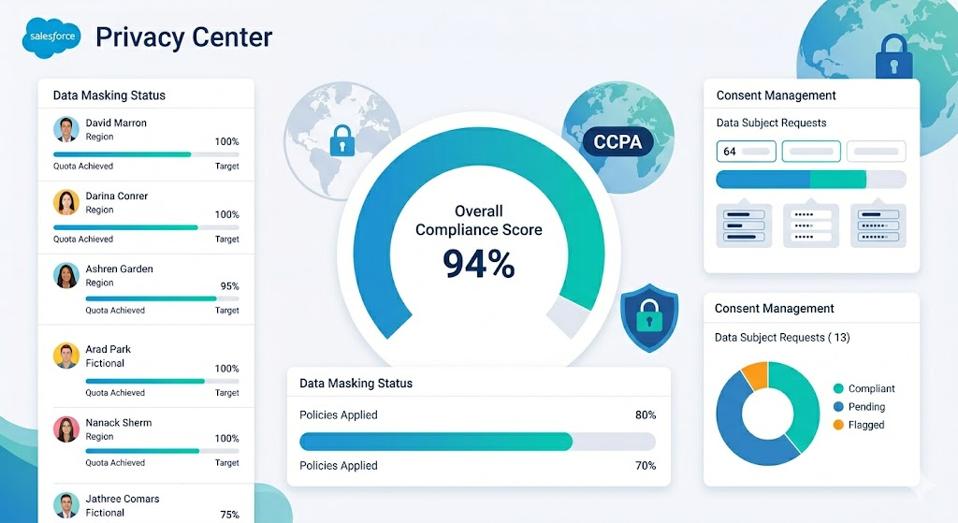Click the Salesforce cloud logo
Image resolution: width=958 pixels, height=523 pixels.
pos(52,36)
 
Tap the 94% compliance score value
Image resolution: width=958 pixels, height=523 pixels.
pos(478,264)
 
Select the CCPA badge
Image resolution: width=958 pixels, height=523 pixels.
pos(617,142)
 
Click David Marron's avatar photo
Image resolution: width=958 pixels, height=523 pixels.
pos(66,129)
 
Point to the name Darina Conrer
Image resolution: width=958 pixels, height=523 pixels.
pos(117,196)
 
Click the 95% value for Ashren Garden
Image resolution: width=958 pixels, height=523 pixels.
pos(230,286)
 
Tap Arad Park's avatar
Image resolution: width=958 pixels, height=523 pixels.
pos(66,356)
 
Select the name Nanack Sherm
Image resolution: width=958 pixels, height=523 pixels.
pos(119,423)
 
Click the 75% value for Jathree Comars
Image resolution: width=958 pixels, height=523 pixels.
pos(230,515)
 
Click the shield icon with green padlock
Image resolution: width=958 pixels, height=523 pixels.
pos(649,318)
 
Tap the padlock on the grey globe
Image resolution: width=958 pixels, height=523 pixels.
pos(342,140)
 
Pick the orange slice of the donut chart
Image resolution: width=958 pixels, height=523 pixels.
pos(755,375)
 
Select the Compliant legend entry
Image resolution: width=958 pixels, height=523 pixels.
pos(864,388)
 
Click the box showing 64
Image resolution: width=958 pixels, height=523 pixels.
pos(746,152)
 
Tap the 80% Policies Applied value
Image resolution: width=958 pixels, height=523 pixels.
pos(646,415)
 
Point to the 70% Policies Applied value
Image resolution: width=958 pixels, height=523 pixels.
pos(646,466)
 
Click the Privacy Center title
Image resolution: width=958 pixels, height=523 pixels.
pos(184,37)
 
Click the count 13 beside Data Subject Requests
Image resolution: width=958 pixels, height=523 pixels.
pos(841,337)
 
